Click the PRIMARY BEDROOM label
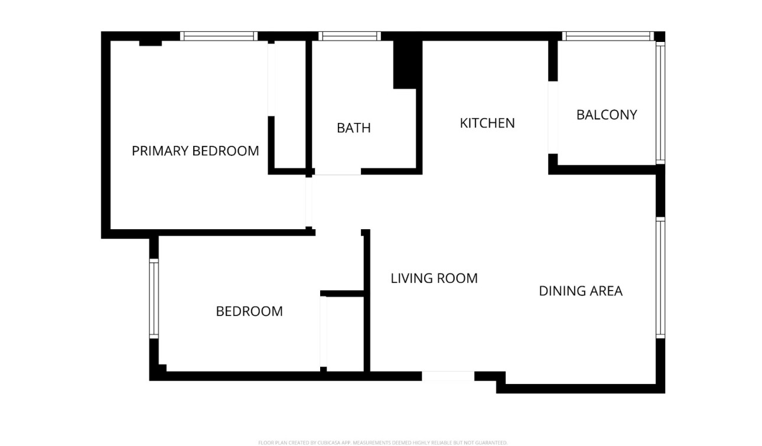point(195,151)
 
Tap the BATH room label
point(354,128)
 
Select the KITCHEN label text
point(487,123)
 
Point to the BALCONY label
point(607,115)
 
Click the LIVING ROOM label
point(434,278)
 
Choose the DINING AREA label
point(581,291)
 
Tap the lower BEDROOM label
point(249,311)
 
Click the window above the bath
point(349,36)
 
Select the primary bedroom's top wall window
point(219,36)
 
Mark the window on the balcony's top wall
point(608,36)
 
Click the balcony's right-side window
point(660,102)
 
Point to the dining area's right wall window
point(660,278)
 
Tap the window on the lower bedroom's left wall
point(154,298)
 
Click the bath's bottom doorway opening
point(337,171)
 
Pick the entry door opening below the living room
point(448,376)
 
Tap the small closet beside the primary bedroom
point(289,106)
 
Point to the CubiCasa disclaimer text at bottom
point(382,442)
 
